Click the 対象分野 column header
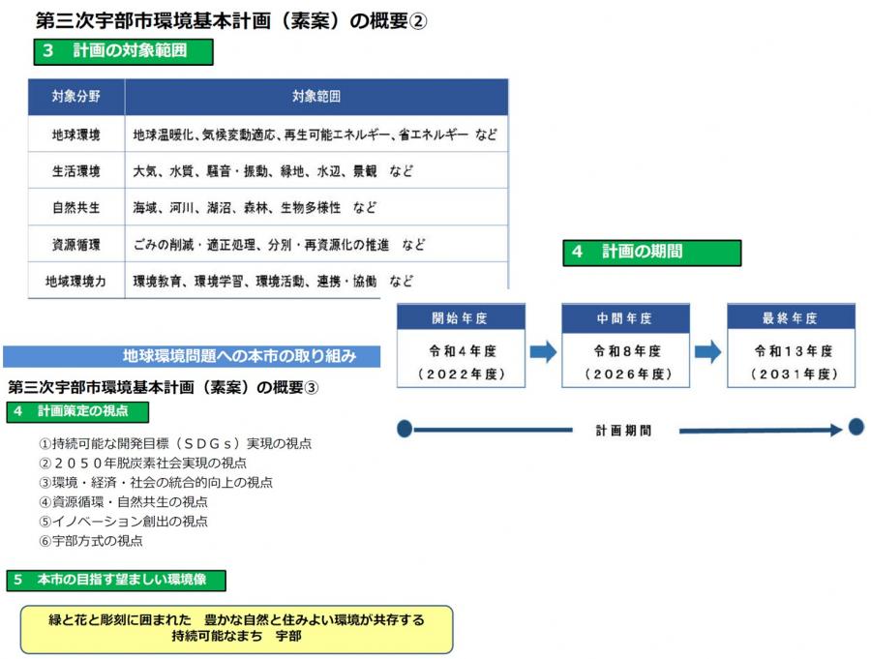[x=76, y=96]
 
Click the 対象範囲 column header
[x=316, y=96]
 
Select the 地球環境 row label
[x=76, y=135]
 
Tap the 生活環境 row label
[x=76, y=171]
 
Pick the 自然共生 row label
[x=76, y=208]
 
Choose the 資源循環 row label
[x=76, y=245]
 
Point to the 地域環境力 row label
[x=75, y=282]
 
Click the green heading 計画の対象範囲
[x=123, y=51]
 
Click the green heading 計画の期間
[x=651, y=253]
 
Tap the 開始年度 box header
[x=461, y=317]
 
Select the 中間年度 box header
[x=625, y=317]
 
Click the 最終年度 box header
[x=791, y=317]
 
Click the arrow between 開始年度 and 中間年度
[x=543, y=351]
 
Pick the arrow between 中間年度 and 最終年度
[x=708, y=351]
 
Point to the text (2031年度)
[x=794, y=374]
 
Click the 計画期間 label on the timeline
[x=623, y=430]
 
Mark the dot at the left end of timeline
[x=405, y=429]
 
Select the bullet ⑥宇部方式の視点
[x=91, y=541]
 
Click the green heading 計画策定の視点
[x=77, y=411]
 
